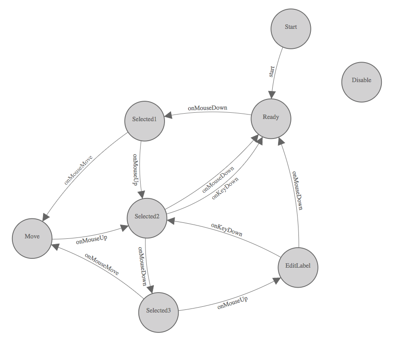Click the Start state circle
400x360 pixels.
click(291, 27)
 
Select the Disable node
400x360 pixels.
click(361, 81)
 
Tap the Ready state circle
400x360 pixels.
click(271, 118)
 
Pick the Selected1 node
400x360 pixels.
click(145, 120)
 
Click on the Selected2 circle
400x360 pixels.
click(147, 217)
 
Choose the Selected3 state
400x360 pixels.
click(158, 311)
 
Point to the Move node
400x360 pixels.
click(32, 237)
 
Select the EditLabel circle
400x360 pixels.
click(298, 266)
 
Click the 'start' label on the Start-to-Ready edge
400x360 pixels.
click(272, 71)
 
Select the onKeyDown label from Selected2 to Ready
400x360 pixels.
click(226, 189)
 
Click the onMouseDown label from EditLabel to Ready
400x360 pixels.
click(296, 190)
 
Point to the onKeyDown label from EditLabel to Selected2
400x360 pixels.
click(226, 229)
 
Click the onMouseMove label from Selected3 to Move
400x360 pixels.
click(102, 265)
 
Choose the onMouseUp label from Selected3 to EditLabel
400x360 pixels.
click(232, 303)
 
